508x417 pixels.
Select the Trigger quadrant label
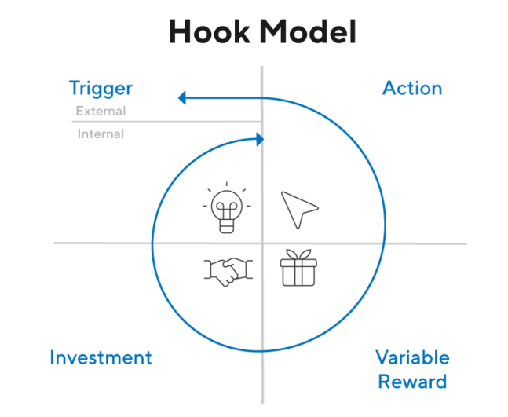[x=101, y=89]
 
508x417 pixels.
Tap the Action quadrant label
[x=412, y=88]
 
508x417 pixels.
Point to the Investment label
[x=101, y=358]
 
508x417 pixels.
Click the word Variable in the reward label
[x=412, y=358]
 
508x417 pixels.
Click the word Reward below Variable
[x=412, y=382]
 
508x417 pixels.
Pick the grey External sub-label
[x=101, y=112]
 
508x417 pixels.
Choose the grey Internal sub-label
[x=101, y=134]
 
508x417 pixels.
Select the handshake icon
[x=227, y=270]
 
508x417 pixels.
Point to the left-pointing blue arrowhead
[x=183, y=98]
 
